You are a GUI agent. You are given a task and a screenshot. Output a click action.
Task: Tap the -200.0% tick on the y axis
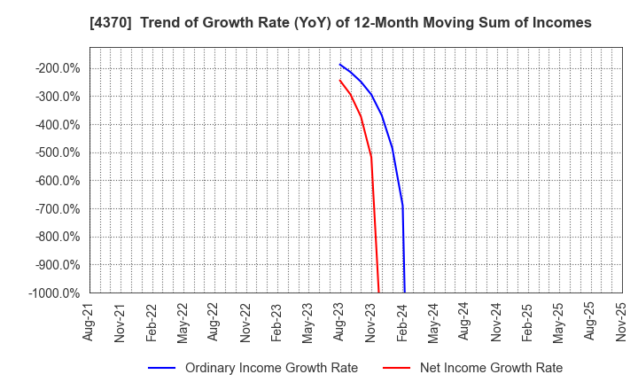pyautogui.click(x=58, y=68)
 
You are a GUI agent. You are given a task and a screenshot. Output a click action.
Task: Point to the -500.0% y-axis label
pyautogui.click(x=58, y=152)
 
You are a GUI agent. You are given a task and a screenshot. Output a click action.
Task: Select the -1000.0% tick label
pyautogui.click(x=56, y=293)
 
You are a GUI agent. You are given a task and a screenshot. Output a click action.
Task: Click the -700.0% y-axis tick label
pyautogui.click(x=58, y=209)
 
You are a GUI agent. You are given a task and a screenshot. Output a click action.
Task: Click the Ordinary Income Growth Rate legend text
pyautogui.click(x=271, y=368)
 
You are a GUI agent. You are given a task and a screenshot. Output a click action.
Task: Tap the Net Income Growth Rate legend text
pyautogui.click(x=491, y=368)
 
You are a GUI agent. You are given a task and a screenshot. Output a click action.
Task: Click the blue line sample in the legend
pyautogui.click(x=160, y=368)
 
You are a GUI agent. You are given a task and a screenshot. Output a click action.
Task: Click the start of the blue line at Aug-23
pyautogui.click(x=339, y=64)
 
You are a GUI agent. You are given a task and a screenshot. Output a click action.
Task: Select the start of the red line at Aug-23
pyautogui.click(x=339, y=80)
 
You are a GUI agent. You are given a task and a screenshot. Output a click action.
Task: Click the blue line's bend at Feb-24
pyautogui.click(x=402, y=208)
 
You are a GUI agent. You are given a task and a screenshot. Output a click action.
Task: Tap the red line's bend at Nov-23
pyautogui.click(x=370, y=158)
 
